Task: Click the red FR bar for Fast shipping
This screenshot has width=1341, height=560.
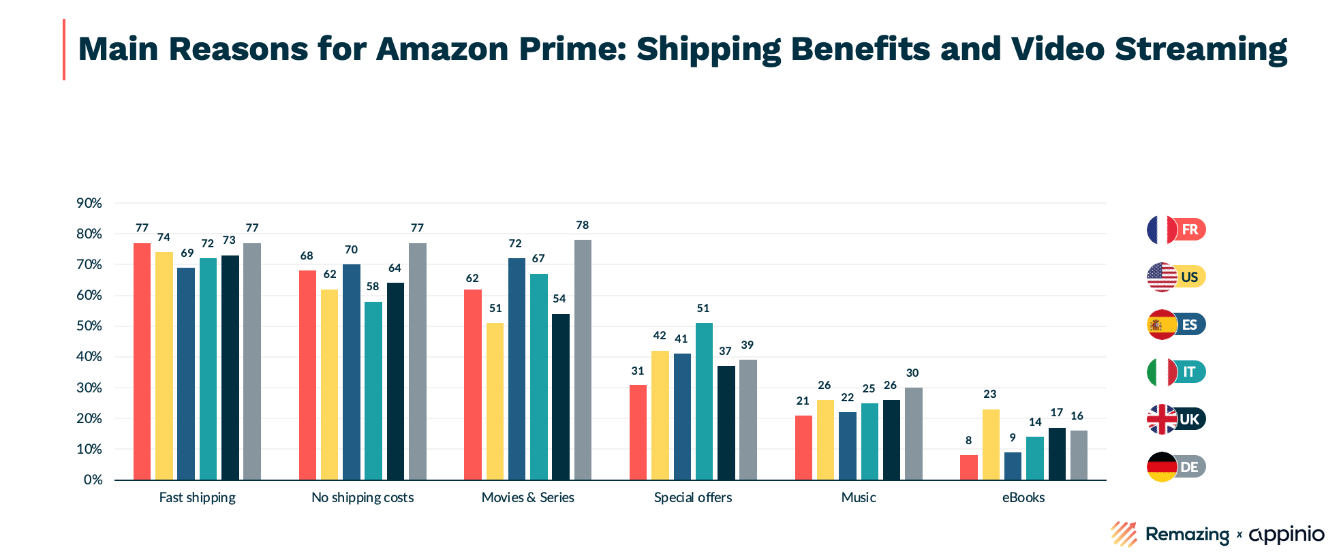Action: click(142, 361)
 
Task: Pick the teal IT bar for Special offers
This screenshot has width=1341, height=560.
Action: click(704, 401)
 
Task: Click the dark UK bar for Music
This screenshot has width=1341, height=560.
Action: click(891, 439)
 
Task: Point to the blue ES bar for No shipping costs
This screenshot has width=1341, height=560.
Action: click(351, 372)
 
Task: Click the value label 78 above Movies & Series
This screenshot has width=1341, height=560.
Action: click(583, 225)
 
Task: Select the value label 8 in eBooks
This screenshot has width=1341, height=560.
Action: click(968, 441)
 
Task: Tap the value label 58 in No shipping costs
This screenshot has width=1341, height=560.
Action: click(373, 287)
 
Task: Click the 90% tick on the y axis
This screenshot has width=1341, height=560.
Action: click(89, 203)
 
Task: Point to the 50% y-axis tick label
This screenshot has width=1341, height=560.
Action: click(89, 326)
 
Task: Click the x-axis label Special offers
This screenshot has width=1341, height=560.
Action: click(693, 497)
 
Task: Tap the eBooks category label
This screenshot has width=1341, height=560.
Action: click(1023, 497)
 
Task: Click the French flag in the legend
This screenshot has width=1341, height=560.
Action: click(1162, 230)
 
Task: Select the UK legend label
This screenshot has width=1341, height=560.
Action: click(1190, 419)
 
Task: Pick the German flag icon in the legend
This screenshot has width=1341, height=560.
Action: click(1162, 467)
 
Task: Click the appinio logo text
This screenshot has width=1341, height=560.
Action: click(1286, 535)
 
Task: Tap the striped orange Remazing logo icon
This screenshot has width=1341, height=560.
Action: click(1124, 534)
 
